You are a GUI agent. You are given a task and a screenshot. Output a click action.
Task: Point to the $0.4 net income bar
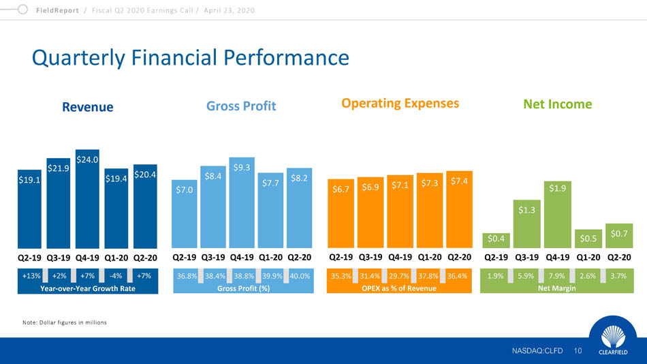tap(496, 239)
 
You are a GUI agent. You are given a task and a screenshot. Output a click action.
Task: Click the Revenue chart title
tap(87, 106)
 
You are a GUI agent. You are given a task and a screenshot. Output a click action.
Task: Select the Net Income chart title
tap(557, 104)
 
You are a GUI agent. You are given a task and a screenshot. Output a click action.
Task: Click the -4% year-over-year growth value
tap(116, 277)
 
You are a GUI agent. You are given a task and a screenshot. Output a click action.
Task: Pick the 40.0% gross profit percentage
tap(300, 277)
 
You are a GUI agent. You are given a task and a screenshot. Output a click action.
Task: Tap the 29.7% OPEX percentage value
tap(398, 277)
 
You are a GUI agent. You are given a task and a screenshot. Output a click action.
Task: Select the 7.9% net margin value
tap(556, 277)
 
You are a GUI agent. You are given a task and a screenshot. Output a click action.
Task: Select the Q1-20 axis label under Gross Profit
tap(270, 258)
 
